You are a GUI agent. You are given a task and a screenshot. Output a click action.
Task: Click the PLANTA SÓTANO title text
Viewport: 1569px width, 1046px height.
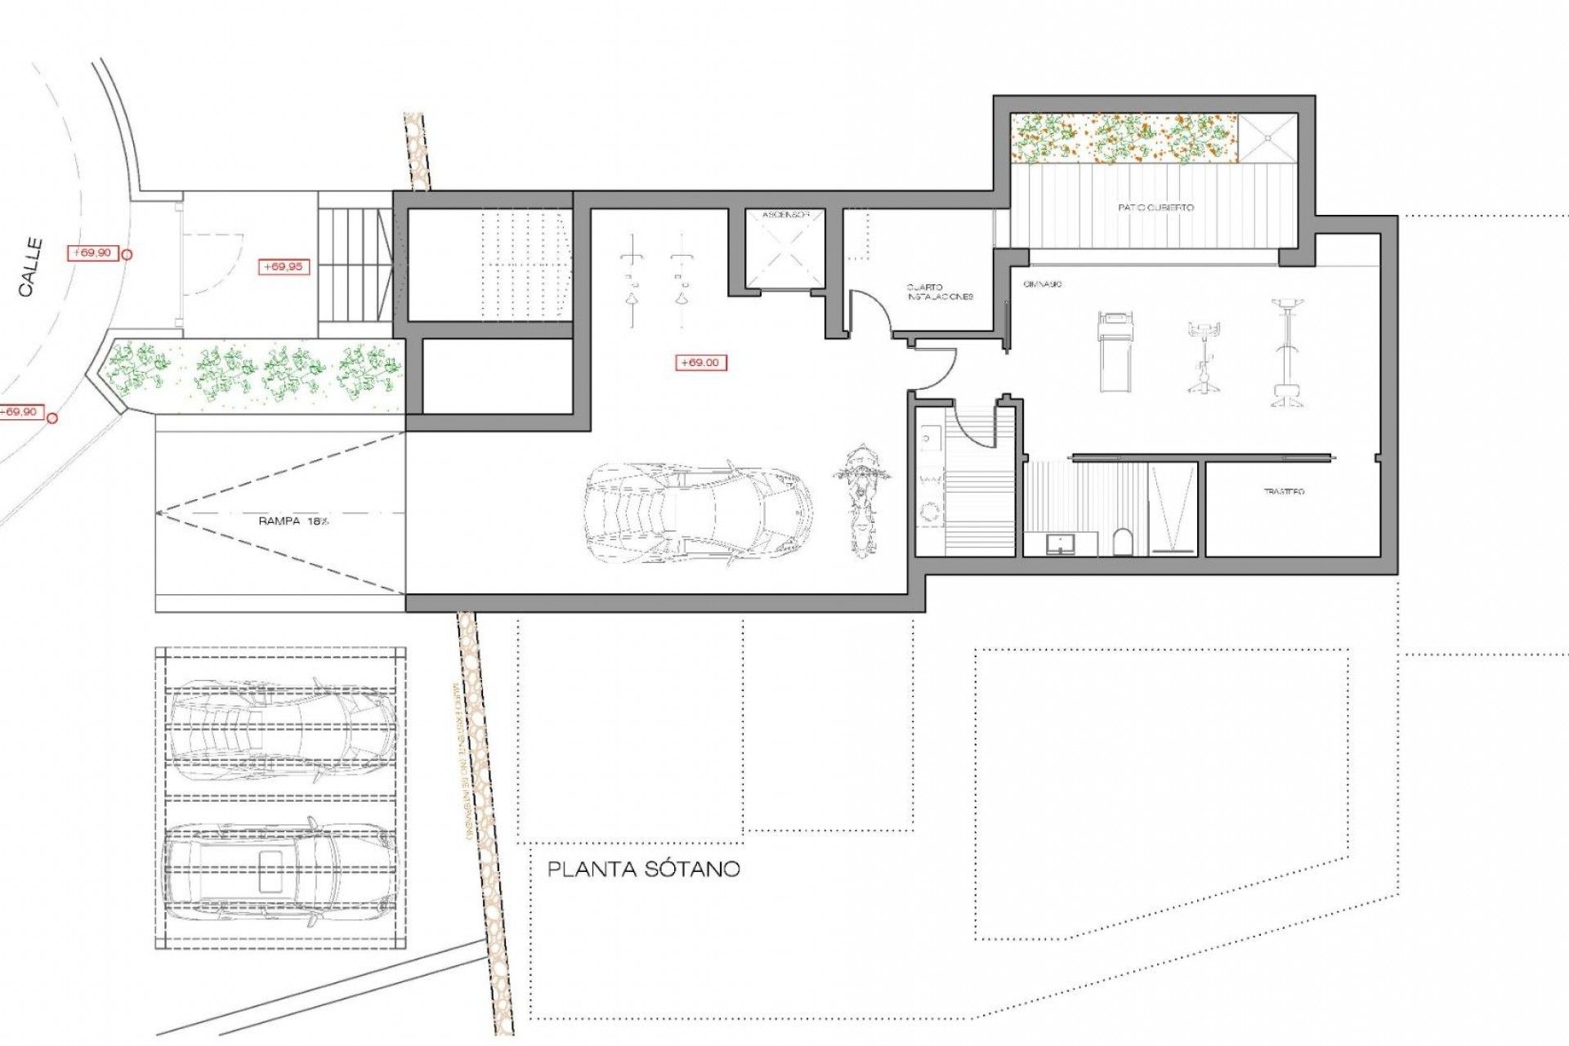[643, 869]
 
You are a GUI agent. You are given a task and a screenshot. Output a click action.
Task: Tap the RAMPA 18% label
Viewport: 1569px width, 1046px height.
[293, 521]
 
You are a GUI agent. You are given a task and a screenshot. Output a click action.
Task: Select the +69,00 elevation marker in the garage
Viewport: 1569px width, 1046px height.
[700, 363]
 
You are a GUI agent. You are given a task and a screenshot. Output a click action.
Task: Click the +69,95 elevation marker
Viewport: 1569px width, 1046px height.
[284, 266]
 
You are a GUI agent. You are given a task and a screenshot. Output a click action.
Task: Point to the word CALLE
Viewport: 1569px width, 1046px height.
[31, 267]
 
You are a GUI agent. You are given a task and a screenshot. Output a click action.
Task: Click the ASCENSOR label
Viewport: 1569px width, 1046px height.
[785, 215]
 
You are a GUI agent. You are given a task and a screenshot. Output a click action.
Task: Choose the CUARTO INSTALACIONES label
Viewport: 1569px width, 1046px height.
[940, 292]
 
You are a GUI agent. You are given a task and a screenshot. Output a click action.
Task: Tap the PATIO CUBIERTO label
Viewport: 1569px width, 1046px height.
[1156, 208]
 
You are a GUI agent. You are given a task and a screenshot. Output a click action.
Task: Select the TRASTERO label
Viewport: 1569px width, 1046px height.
[1284, 491]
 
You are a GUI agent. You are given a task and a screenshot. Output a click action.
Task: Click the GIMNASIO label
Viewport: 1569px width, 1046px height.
[1042, 284]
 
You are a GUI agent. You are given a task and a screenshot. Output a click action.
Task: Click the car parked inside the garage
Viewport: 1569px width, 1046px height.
[699, 512]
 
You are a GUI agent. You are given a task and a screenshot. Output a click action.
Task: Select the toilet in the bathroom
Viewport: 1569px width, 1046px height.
[1124, 541]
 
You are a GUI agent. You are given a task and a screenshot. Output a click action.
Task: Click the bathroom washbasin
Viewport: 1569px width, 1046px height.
[1061, 543]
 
